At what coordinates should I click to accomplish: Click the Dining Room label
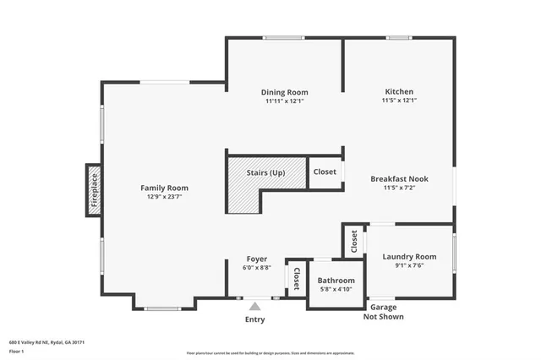[284, 92]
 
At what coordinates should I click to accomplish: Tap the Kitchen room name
[399, 91]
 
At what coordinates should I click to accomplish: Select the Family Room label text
[164, 188]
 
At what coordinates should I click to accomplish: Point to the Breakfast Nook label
[399, 178]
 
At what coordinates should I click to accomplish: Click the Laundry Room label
[409, 256]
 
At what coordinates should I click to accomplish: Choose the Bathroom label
[336, 281]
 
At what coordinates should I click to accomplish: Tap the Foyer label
[257, 259]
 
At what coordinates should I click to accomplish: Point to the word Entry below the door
[255, 319]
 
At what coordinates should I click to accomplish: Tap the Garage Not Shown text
[383, 312]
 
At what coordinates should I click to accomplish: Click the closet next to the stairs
[325, 172]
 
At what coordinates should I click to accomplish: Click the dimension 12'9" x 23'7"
[164, 196]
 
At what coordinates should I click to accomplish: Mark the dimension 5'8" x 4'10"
[336, 289]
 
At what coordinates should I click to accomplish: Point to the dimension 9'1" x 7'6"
[409, 265]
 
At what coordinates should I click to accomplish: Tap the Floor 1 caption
[17, 351]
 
